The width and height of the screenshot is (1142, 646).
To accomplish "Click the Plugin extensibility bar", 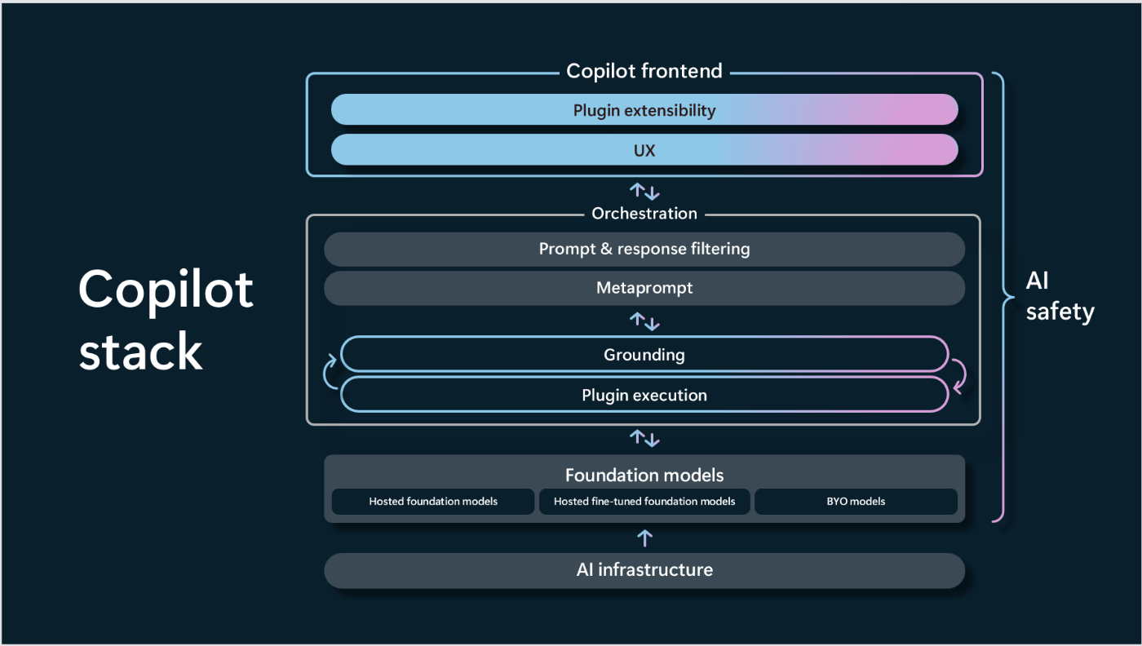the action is (644, 109).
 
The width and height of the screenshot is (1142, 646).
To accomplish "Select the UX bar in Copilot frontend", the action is (644, 150).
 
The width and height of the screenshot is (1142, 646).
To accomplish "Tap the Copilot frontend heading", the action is (644, 71).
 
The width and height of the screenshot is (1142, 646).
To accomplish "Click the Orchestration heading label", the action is (644, 213).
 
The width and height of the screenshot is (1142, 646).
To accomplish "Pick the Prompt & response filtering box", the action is (644, 250).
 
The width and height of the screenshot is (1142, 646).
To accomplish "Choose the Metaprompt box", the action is (644, 288).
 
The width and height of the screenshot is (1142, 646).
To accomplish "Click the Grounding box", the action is (644, 354).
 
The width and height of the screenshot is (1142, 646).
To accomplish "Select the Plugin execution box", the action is (644, 395).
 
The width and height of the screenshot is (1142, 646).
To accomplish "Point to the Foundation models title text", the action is (644, 476).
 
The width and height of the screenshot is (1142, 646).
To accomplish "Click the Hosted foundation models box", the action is (433, 502).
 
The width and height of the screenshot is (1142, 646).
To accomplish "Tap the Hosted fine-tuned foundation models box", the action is (644, 502).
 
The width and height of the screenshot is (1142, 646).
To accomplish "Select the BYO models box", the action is (856, 502).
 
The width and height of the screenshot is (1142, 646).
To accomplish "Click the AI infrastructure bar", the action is (644, 570).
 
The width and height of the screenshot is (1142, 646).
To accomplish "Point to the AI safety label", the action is (1060, 296).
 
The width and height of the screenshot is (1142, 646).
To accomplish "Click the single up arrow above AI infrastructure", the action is (645, 538).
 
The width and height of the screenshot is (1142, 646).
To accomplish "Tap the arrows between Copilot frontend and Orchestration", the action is (644, 192).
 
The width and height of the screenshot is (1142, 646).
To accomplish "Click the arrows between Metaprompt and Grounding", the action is (644, 321).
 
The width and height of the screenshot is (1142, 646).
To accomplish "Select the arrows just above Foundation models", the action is (644, 439).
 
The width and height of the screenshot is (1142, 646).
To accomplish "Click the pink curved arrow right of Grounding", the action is (961, 376).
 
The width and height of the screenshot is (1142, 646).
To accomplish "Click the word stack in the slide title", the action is (140, 352).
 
